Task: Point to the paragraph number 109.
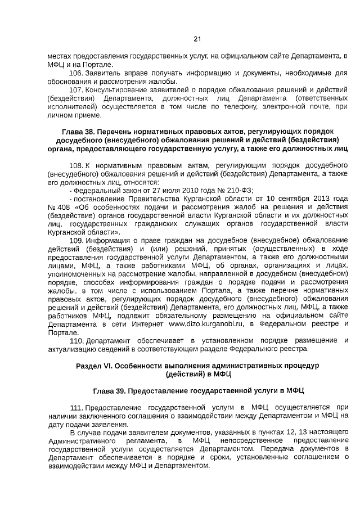coord(76,241)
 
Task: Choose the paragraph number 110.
coord(76,341)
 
